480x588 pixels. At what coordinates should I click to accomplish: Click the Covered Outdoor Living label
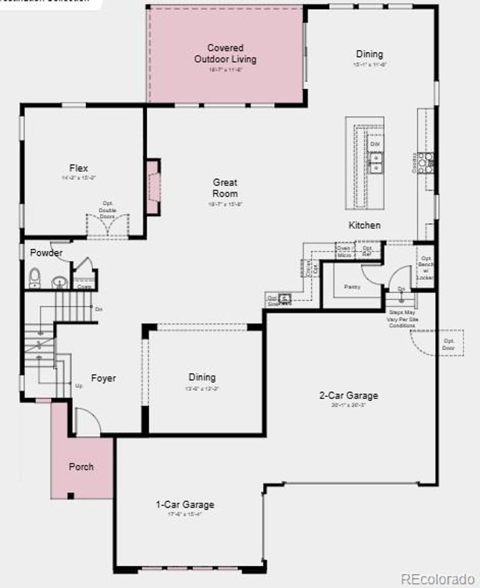tap(225, 53)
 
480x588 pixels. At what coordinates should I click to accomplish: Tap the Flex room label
tap(79, 168)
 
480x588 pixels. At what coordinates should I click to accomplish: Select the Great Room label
tap(225, 188)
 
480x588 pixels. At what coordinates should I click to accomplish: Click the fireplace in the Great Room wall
tap(153, 187)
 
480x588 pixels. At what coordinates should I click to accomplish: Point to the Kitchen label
tap(364, 225)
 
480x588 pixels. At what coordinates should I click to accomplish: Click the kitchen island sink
tap(375, 162)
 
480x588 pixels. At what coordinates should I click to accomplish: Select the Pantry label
tap(352, 286)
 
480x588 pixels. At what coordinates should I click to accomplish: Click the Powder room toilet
tap(35, 278)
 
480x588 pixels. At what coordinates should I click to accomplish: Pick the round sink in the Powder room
tap(60, 282)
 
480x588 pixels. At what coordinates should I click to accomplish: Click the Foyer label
tap(103, 378)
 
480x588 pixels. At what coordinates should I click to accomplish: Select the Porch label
tap(81, 467)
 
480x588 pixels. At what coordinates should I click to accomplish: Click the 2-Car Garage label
tap(348, 395)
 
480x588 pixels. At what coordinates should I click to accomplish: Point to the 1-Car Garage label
tap(185, 505)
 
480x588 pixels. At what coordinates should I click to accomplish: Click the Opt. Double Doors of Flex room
tap(108, 225)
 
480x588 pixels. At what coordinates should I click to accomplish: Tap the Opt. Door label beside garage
tap(448, 344)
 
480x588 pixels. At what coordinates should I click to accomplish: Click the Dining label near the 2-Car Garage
tap(202, 377)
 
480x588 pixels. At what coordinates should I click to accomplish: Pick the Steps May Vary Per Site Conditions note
tap(402, 319)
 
